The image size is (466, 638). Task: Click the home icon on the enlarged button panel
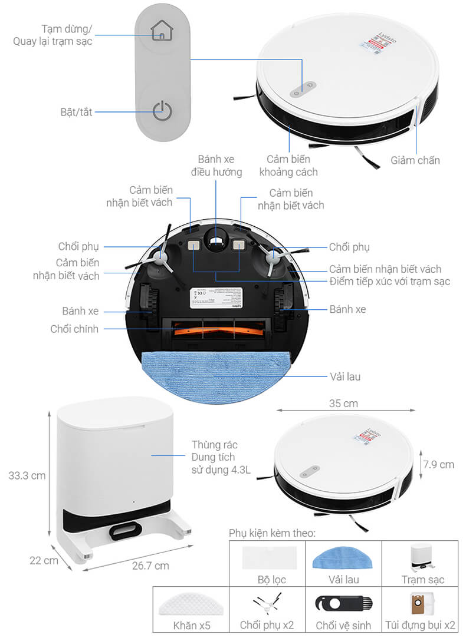(x=162, y=31)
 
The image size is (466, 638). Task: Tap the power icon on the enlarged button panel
(x=162, y=111)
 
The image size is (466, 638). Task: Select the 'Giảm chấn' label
(x=415, y=160)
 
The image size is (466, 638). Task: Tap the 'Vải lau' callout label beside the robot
(x=345, y=376)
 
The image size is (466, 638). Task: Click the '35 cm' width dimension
(x=344, y=404)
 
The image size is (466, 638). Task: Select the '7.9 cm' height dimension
(x=438, y=464)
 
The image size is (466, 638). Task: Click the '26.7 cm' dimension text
(x=149, y=566)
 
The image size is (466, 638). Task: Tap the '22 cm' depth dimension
(x=44, y=560)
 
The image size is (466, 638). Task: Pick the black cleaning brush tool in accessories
(x=343, y=603)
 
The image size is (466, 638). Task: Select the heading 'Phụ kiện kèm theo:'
(x=272, y=533)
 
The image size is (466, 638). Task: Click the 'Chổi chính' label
(x=75, y=329)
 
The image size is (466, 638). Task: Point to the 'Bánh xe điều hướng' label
(x=216, y=166)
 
